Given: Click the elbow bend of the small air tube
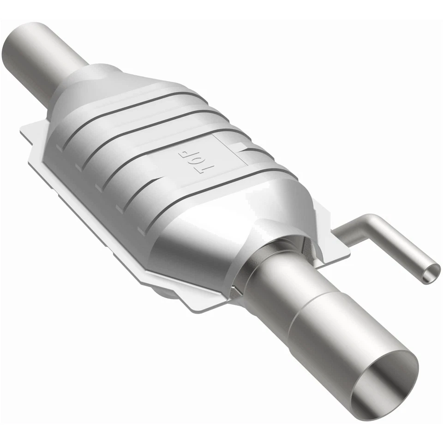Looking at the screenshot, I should click(x=372, y=221).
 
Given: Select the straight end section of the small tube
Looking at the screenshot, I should click(x=406, y=251).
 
